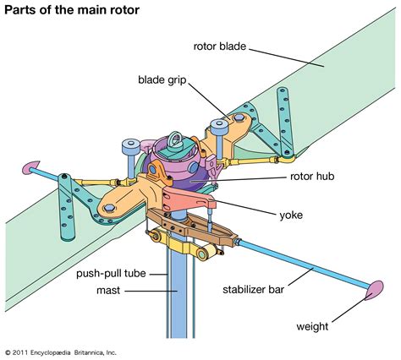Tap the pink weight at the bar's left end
(x=30, y=167)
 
